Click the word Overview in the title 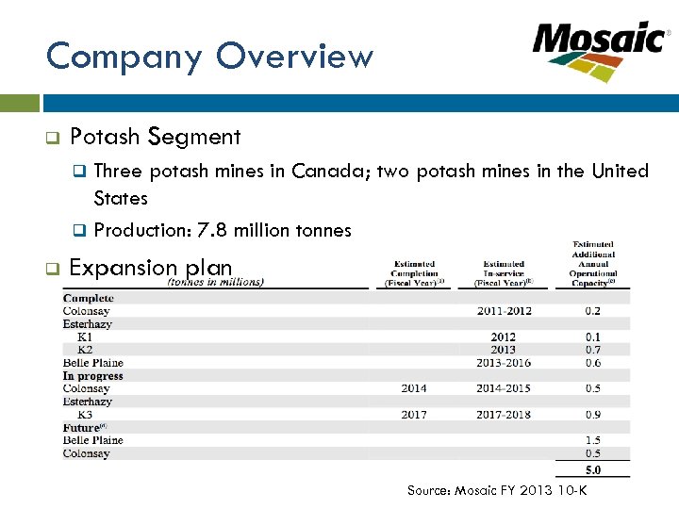tap(294, 57)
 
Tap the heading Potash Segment tap(156, 137)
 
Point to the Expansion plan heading tap(151, 268)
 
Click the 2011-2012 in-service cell tap(504, 311)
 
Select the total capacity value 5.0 tap(592, 469)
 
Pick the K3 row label tap(85, 415)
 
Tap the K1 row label tap(85, 337)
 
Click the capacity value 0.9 tap(592, 415)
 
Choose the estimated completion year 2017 tap(413, 415)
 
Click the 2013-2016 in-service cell tap(504, 363)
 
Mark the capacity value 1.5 tap(592, 440)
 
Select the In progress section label tap(93, 376)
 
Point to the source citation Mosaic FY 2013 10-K tap(496, 490)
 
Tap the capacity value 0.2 tap(592, 311)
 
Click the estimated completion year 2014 tap(413, 388)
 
